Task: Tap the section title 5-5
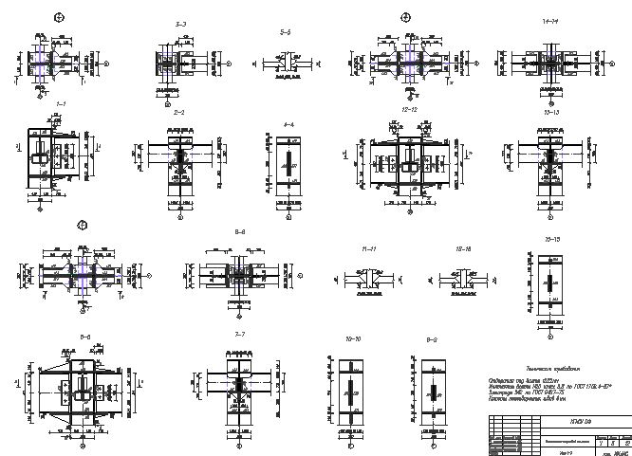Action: pyautogui.click(x=285, y=33)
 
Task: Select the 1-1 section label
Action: pyautogui.click(x=60, y=103)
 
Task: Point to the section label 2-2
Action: pyautogui.click(x=178, y=112)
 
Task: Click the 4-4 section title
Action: pyautogui.click(x=289, y=124)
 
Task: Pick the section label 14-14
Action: pyautogui.click(x=549, y=20)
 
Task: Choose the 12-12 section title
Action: pyautogui.click(x=410, y=110)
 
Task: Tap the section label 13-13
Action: pyautogui.click(x=551, y=112)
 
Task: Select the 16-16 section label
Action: pyautogui.click(x=464, y=248)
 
